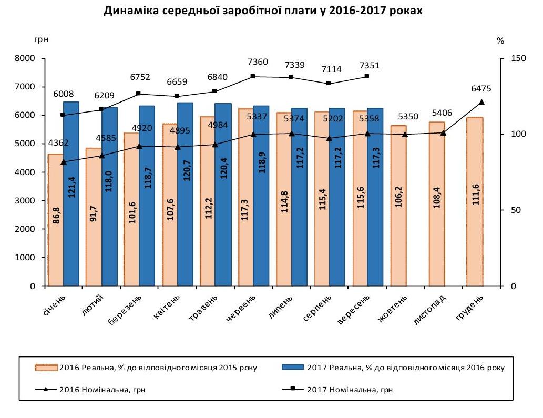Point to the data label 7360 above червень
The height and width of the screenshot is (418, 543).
click(x=258, y=62)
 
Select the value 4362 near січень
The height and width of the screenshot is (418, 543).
click(x=58, y=142)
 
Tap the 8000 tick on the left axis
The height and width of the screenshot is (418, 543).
click(x=27, y=58)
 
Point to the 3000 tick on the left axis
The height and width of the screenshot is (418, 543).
click(x=27, y=201)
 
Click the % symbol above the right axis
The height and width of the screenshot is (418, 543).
click(x=500, y=40)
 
